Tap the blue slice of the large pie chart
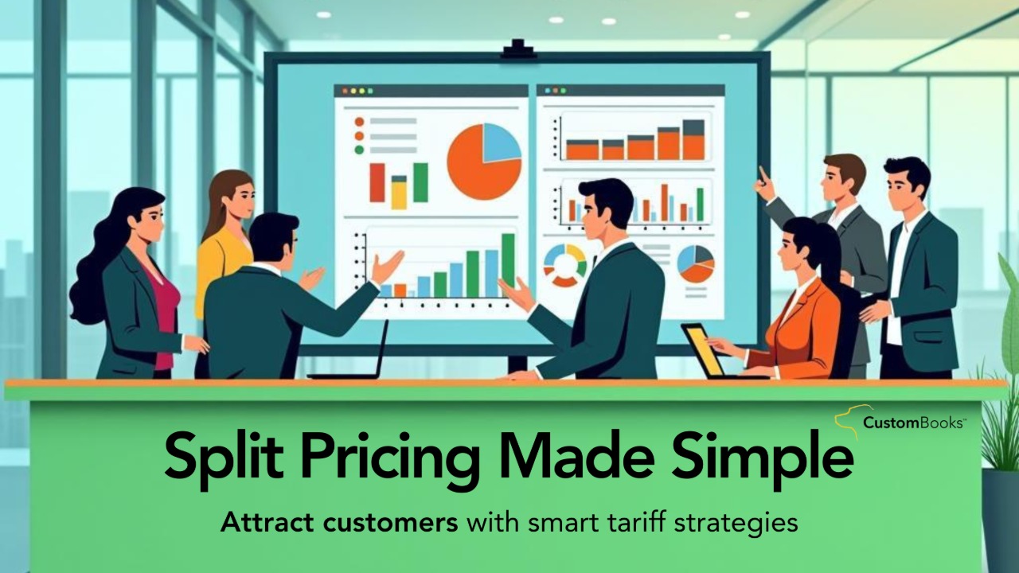click(502, 142)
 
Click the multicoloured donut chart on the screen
click(564, 265)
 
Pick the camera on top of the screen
click(517, 49)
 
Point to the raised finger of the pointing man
click(763, 173)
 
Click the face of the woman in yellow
click(240, 196)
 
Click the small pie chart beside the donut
click(695, 263)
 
